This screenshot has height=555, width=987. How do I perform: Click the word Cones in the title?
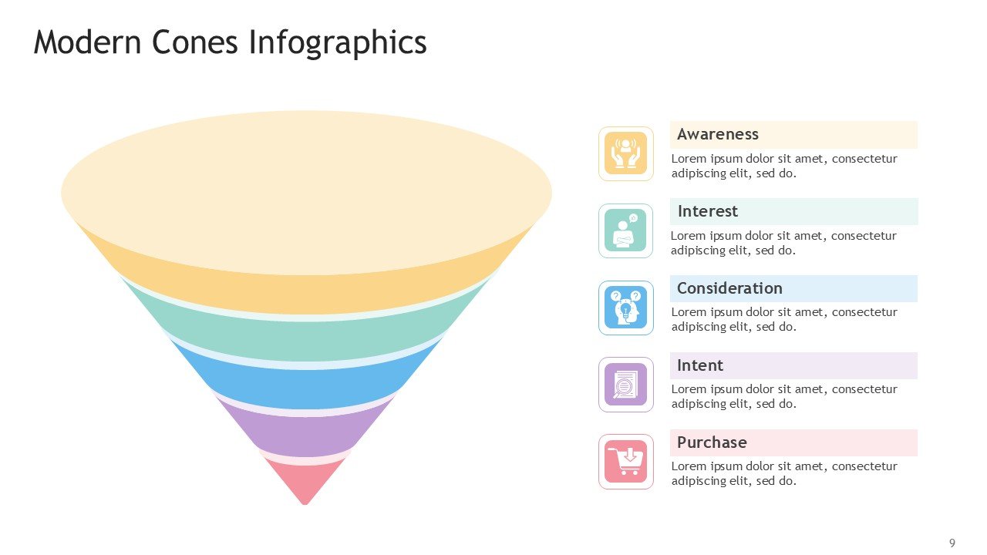point(195,42)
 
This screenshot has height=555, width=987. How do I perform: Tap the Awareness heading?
point(718,134)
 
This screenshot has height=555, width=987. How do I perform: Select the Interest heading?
point(708,211)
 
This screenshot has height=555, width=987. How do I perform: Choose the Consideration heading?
point(729,288)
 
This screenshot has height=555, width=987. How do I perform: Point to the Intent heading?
point(700,365)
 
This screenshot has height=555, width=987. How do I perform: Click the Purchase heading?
point(712,442)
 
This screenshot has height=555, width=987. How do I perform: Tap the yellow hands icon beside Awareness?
point(625,153)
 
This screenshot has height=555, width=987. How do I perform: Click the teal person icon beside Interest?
point(625,230)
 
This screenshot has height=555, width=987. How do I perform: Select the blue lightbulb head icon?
point(625,308)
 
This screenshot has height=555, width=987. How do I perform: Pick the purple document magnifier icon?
point(625,385)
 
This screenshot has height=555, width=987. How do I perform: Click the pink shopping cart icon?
point(625,462)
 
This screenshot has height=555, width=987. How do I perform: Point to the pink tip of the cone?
point(305,483)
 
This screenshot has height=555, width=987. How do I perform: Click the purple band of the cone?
point(305,434)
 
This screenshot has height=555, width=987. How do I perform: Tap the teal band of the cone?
point(305,339)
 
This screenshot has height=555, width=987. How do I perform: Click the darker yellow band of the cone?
point(305,293)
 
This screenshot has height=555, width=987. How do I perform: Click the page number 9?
point(952,543)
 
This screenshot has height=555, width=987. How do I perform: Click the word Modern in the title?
point(87,42)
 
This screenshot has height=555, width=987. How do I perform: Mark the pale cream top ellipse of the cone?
point(306,193)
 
